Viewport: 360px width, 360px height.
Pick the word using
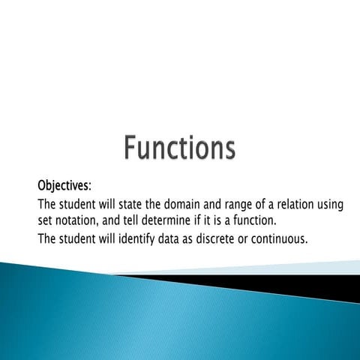click(x=332, y=205)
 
